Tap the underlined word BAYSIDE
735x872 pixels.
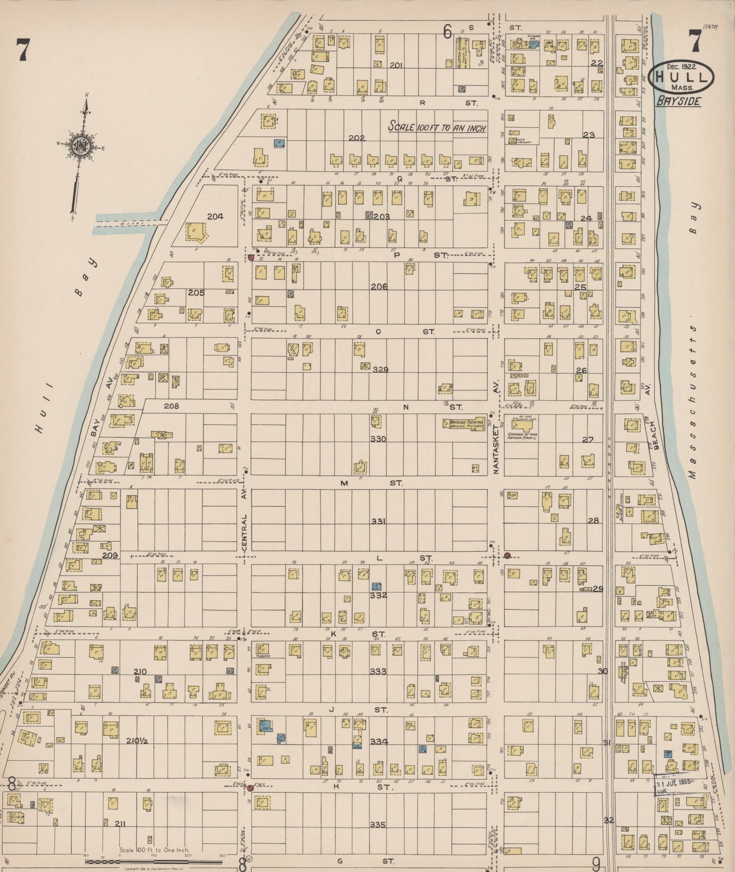[678, 101]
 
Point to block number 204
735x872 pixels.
[215, 216]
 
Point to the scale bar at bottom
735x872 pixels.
[153, 861]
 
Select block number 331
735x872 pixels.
[378, 521]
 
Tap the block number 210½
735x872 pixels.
[137, 741]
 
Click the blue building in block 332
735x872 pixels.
[376, 586]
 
